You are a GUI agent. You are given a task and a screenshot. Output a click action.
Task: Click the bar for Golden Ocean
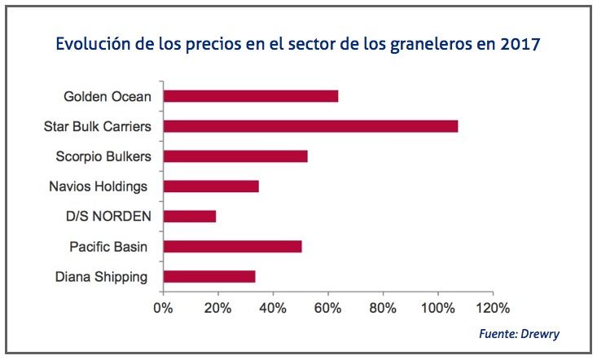pyautogui.click(x=251, y=96)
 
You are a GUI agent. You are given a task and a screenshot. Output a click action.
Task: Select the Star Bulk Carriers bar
pyautogui.click(x=310, y=126)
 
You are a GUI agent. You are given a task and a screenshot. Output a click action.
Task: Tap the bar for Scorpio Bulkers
pyautogui.click(x=235, y=156)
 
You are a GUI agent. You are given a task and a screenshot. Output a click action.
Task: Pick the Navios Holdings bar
pyautogui.click(x=211, y=187)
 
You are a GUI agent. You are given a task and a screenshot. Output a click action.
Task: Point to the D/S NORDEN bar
pyautogui.click(x=190, y=216)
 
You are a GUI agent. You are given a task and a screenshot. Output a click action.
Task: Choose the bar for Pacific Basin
pyautogui.click(x=233, y=246)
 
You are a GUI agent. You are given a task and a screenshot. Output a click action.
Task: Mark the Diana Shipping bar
pyautogui.click(x=209, y=276)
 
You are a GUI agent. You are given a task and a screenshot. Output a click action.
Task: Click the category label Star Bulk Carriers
pyautogui.click(x=95, y=126)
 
